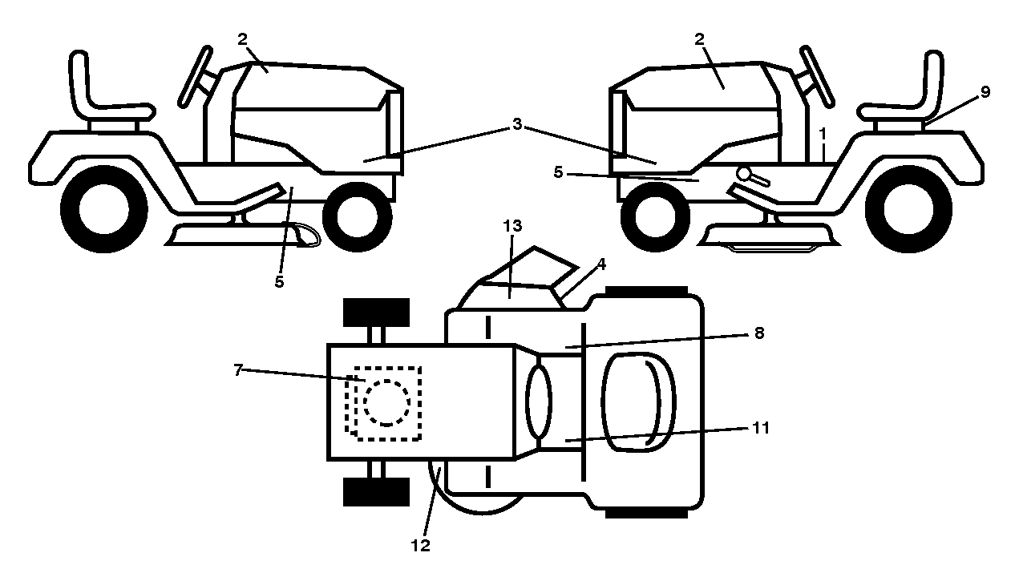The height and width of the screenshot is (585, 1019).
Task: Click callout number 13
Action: [x=512, y=226]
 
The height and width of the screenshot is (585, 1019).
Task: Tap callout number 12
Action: [x=420, y=546]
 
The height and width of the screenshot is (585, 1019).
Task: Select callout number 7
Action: [x=238, y=370]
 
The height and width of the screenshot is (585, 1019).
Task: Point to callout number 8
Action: [x=758, y=333]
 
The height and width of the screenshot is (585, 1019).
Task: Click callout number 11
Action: [x=761, y=428]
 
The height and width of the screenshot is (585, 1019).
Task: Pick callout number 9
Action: [x=985, y=92]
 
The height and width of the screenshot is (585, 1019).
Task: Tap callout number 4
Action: [x=601, y=264]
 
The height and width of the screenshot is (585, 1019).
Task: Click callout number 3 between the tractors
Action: [x=517, y=123]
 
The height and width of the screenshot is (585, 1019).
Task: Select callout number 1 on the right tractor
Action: [x=822, y=134]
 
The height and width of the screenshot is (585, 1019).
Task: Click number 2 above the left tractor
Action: [x=242, y=39]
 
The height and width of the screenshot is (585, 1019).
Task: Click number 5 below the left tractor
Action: [x=279, y=282]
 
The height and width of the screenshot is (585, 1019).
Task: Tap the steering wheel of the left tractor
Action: [x=196, y=75]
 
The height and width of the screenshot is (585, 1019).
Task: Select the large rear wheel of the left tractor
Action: [x=103, y=209]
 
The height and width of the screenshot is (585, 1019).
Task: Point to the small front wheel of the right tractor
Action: [x=655, y=217]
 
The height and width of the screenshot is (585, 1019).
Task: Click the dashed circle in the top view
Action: [x=386, y=403]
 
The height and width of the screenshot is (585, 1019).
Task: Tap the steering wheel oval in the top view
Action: [x=539, y=403]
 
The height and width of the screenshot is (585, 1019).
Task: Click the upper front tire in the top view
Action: [x=376, y=313]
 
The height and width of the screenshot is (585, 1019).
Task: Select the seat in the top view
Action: [x=638, y=402]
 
